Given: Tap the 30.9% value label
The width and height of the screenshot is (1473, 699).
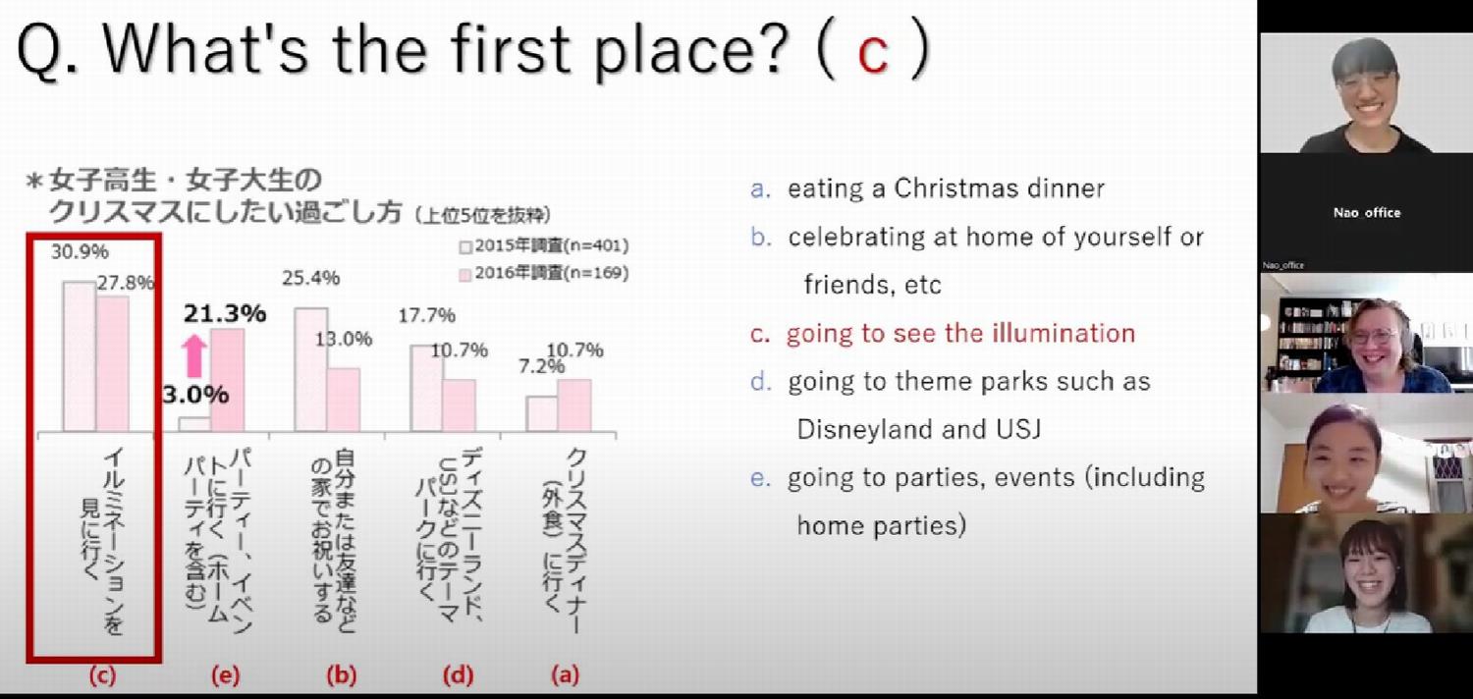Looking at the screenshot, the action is tap(81, 252).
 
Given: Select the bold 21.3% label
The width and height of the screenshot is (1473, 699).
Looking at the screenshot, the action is tap(225, 313).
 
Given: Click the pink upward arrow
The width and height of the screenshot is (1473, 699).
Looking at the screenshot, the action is tap(194, 356).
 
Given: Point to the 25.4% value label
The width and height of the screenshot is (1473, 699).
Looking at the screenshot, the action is tap(311, 278).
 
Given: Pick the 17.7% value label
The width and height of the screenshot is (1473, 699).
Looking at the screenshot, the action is tap(427, 316).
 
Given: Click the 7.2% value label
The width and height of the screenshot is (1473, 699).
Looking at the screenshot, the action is tap(541, 366).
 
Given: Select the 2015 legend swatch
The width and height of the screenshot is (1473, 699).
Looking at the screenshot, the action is tap(465, 247).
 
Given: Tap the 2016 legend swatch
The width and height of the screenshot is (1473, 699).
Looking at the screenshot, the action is tap(465, 274).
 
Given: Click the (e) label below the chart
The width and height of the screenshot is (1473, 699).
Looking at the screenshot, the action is tap(226, 675).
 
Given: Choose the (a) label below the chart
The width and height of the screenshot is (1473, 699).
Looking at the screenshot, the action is tap(566, 675).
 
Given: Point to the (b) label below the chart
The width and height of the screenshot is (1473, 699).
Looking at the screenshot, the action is tap(342, 675).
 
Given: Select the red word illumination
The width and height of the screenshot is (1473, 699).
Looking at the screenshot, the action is tap(1064, 334).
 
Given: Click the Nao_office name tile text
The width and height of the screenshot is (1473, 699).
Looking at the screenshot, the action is tap(1367, 213).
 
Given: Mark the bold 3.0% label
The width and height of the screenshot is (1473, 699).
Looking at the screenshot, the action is tap(196, 395).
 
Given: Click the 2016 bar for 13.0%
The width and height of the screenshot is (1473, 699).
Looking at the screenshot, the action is tap(344, 400).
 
